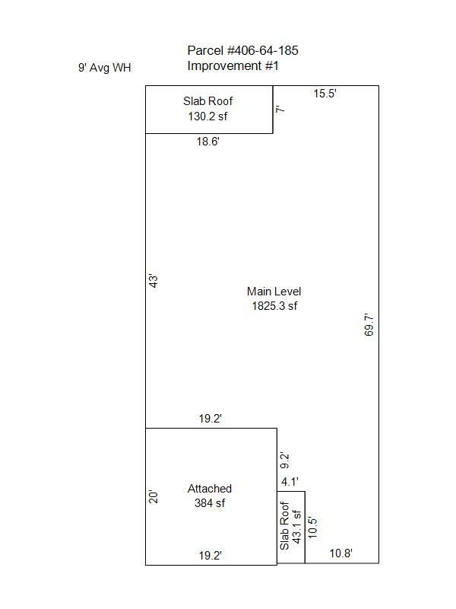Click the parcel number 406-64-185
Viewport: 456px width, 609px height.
262,50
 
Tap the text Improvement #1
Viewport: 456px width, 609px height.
233,65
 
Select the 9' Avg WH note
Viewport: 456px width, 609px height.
105,68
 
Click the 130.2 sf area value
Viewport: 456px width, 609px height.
207,116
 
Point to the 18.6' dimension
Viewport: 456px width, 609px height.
207,141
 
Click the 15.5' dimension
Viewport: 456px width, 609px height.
325,93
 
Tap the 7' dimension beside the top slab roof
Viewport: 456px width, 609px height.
280,110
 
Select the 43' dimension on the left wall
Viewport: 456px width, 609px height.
154,281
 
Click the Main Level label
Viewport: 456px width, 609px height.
274,292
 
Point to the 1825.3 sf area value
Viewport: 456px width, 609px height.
274,306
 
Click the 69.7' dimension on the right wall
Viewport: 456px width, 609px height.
369,325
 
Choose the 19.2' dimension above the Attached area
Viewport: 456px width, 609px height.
211,418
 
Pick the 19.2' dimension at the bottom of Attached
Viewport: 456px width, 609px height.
211,556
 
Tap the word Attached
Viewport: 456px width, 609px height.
210,488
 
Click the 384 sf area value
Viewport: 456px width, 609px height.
210,503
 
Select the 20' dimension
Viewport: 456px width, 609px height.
154,497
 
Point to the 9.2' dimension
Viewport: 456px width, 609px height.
284,461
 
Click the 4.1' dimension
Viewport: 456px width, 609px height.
290,482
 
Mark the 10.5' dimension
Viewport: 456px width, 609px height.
312,527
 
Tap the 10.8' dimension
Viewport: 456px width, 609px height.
340,553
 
